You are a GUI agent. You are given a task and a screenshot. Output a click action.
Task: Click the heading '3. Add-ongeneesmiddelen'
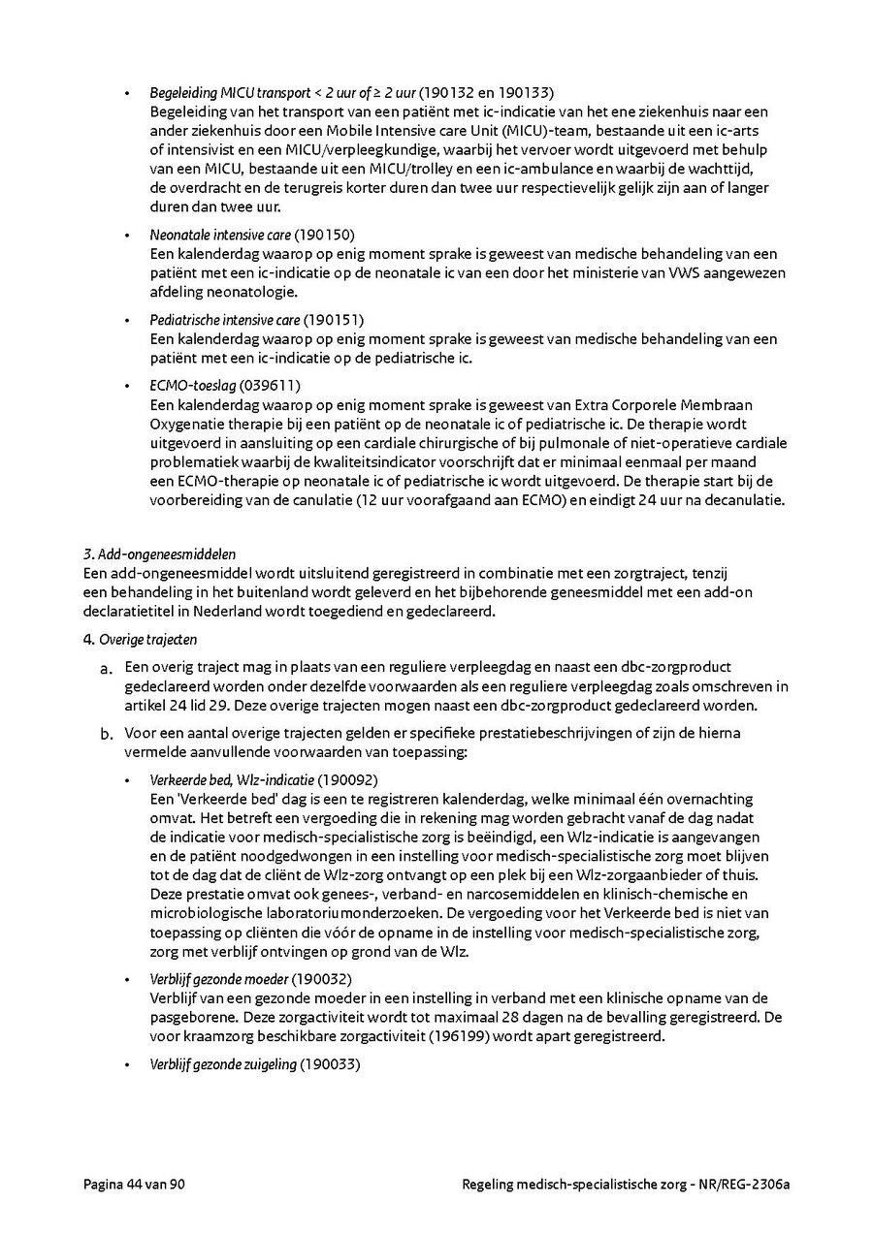click(x=160, y=554)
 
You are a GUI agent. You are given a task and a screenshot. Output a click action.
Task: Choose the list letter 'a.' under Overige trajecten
click(x=108, y=668)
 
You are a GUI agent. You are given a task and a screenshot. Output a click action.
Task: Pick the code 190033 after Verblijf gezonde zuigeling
click(x=330, y=1064)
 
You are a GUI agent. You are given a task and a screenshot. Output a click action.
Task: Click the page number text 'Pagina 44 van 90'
click(x=134, y=1185)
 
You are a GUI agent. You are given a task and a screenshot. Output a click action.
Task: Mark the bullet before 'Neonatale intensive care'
click(x=126, y=236)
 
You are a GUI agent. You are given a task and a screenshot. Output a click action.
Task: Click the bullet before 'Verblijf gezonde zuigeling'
click(x=126, y=1065)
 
